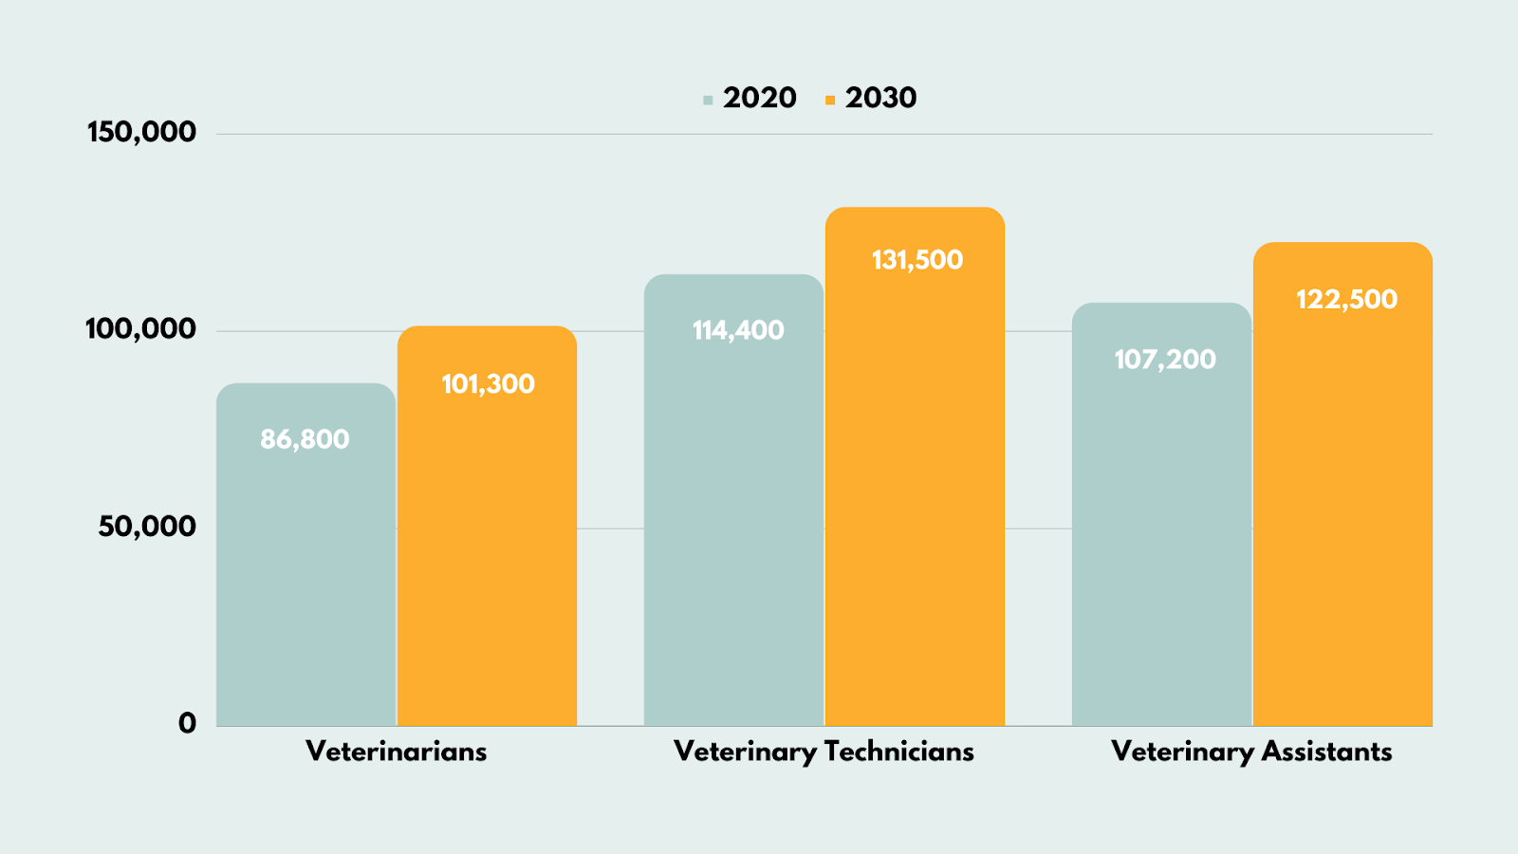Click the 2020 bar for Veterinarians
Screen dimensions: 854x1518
[x=305, y=569]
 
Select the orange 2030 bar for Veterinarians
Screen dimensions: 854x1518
[x=487, y=550]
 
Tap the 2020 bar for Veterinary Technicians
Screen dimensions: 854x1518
[x=733, y=522]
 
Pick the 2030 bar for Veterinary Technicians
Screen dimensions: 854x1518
[x=915, y=493]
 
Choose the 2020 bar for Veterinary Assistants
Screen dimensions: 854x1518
[x=1161, y=531]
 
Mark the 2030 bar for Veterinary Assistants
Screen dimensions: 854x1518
[x=1342, y=503]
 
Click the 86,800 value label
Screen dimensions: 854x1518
[x=305, y=439]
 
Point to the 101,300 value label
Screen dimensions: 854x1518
[x=488, y=384]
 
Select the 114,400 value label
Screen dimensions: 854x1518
[x=738, y=330]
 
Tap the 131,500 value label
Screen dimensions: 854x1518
[x=917, y=260]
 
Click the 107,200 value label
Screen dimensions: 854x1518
[x=1165, y=360]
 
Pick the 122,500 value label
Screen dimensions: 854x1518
[x=1346, y=300]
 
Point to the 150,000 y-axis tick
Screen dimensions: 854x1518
[x=141, y=132]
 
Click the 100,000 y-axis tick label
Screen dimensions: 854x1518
[x=140, y=329]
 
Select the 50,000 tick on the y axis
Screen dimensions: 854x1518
[x=147, y=527]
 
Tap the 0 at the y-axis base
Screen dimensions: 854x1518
[x=187, y=723]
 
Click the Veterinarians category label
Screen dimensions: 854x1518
[x=396, y=752]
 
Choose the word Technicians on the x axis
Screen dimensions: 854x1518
[x=898, y=752]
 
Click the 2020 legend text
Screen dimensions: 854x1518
[x=759, y=98]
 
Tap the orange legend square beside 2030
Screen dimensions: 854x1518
[x=830, y=100]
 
